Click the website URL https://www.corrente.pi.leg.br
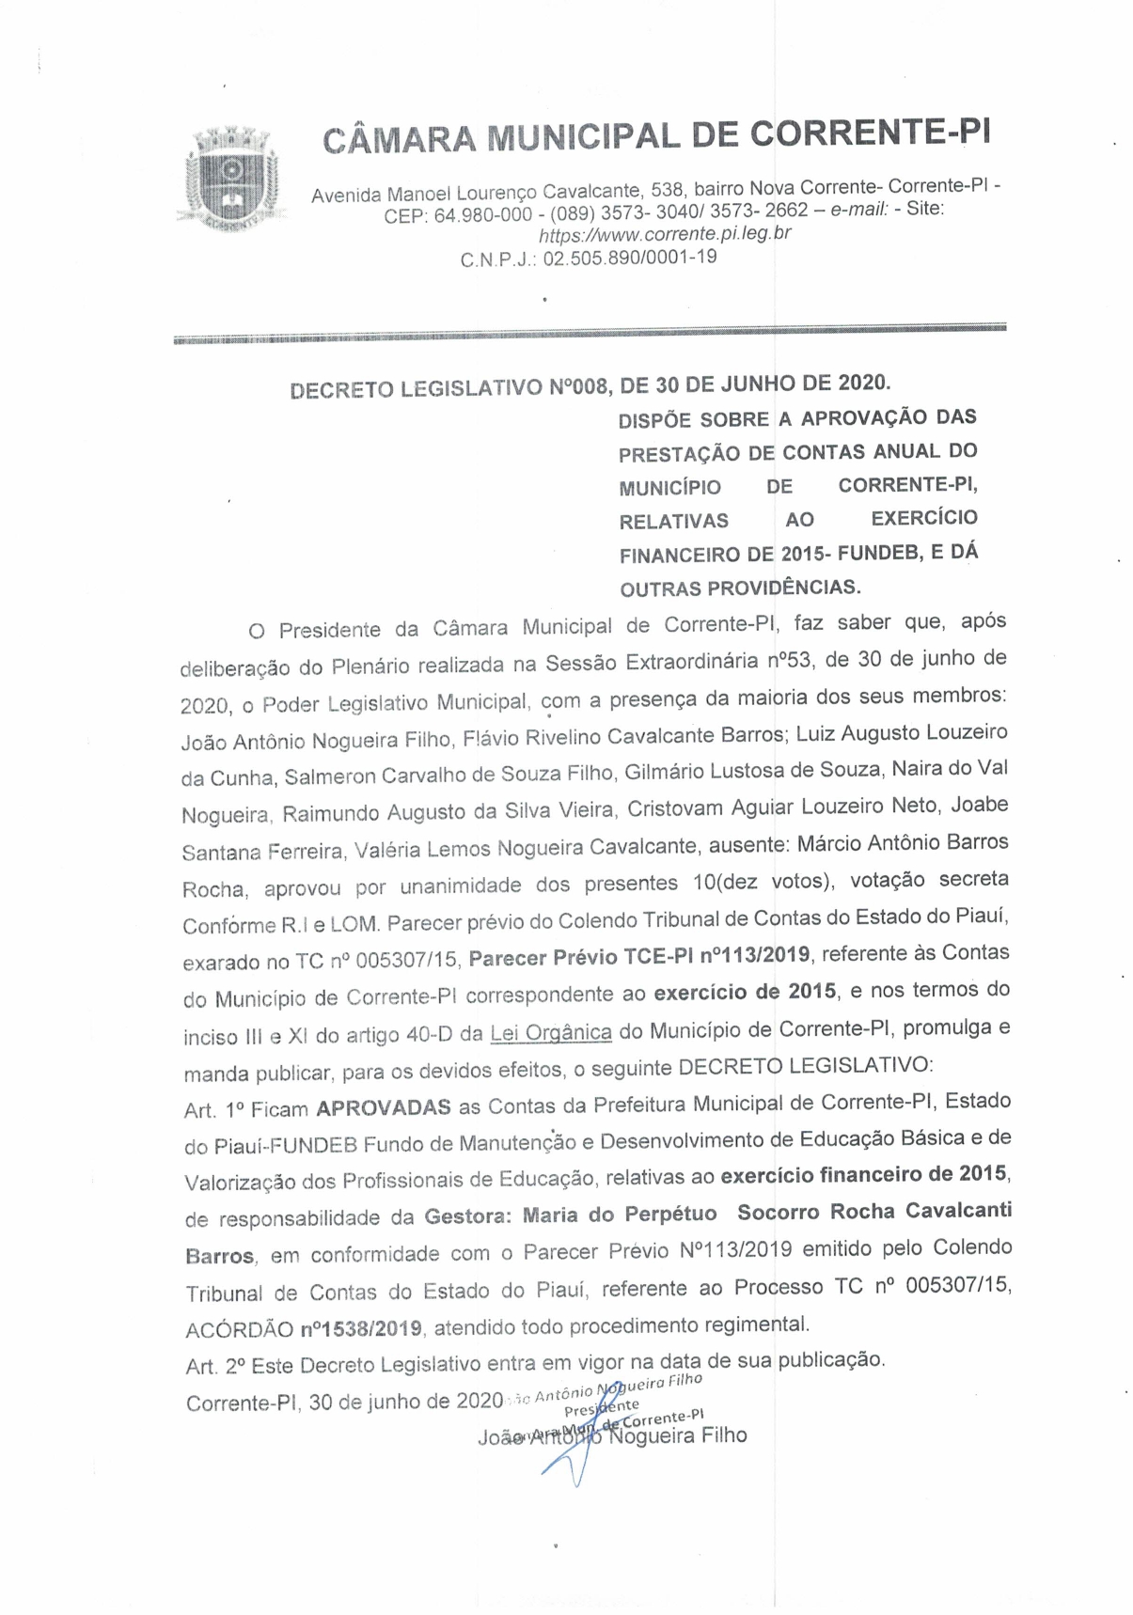coord(664,232)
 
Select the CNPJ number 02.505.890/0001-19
coord(630,258)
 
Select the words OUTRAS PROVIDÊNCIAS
coord(740,588)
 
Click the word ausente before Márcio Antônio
coord(747,845)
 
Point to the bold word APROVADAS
coord(384,1107)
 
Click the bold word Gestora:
coord(467,1216)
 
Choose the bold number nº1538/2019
coord(361,1329)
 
